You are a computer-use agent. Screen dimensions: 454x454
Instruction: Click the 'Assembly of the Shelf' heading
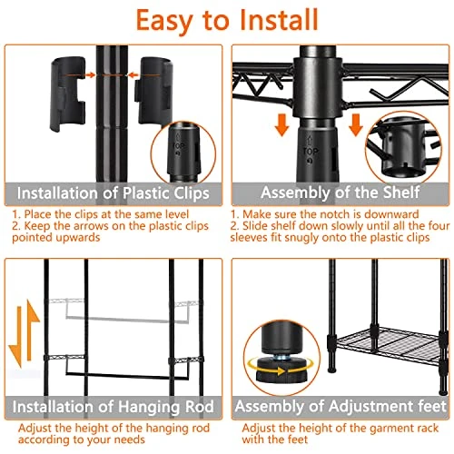coord(340,193)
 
